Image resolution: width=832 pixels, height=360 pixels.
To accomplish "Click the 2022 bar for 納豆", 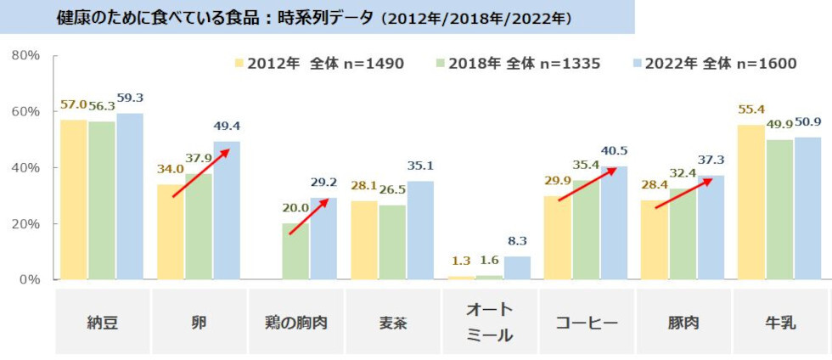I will click(130, 196).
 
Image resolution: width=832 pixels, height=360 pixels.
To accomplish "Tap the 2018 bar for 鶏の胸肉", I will click(295, 251).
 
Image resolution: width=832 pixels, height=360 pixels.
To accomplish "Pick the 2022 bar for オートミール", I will click(517, 268).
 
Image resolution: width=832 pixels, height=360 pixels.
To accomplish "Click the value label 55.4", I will click(751, 110).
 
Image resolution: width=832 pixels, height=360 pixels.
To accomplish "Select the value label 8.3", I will click(517, 241).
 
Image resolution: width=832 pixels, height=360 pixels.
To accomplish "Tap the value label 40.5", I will click(613, 151).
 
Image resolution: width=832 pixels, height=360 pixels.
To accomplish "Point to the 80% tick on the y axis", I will click(25, 56).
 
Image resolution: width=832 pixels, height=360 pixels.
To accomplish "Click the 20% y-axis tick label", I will click(25, 224).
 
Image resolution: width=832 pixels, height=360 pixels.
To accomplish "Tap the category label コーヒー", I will click(587, 323).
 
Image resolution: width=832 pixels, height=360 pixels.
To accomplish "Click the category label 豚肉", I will click(684, 323).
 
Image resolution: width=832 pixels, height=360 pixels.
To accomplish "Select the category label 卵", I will click(200, 323).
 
